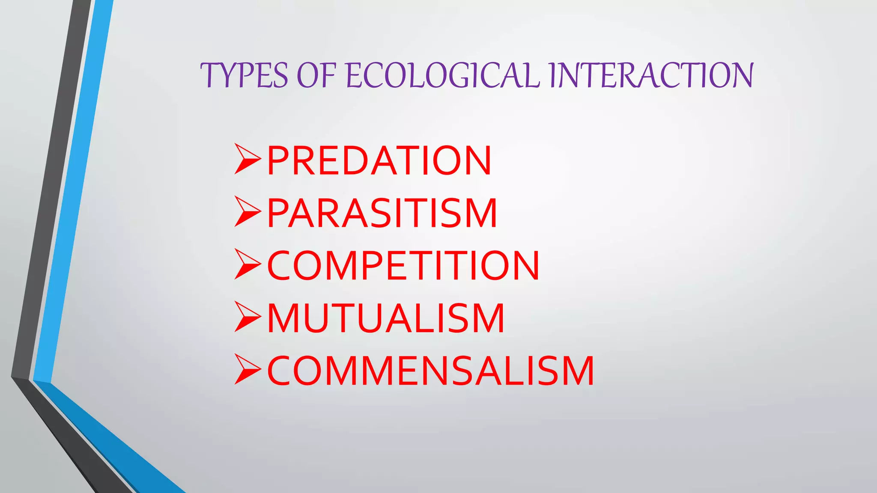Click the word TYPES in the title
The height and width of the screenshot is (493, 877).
[245, 75]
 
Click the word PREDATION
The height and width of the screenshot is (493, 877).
[379, 160]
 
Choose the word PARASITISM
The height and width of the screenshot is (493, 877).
[382, 213]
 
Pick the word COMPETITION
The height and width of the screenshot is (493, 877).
[403, 266]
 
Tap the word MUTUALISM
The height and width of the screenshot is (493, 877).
[386, 318]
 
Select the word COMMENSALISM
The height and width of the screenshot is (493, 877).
[430, 371]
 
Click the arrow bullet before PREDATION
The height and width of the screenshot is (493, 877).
[248, 159]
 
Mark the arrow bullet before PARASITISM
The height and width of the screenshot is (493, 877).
[248, 212]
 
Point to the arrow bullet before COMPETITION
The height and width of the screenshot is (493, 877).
[248, 264]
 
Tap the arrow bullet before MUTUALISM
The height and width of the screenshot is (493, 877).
[248, 317]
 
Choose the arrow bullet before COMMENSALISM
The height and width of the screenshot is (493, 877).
[248, 370]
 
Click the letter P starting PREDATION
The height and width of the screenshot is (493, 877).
[277, 160]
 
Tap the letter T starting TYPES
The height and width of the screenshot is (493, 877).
[211, 75]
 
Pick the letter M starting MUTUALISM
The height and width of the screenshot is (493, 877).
[284, 318]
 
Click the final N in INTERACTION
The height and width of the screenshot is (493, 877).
[740, 75]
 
